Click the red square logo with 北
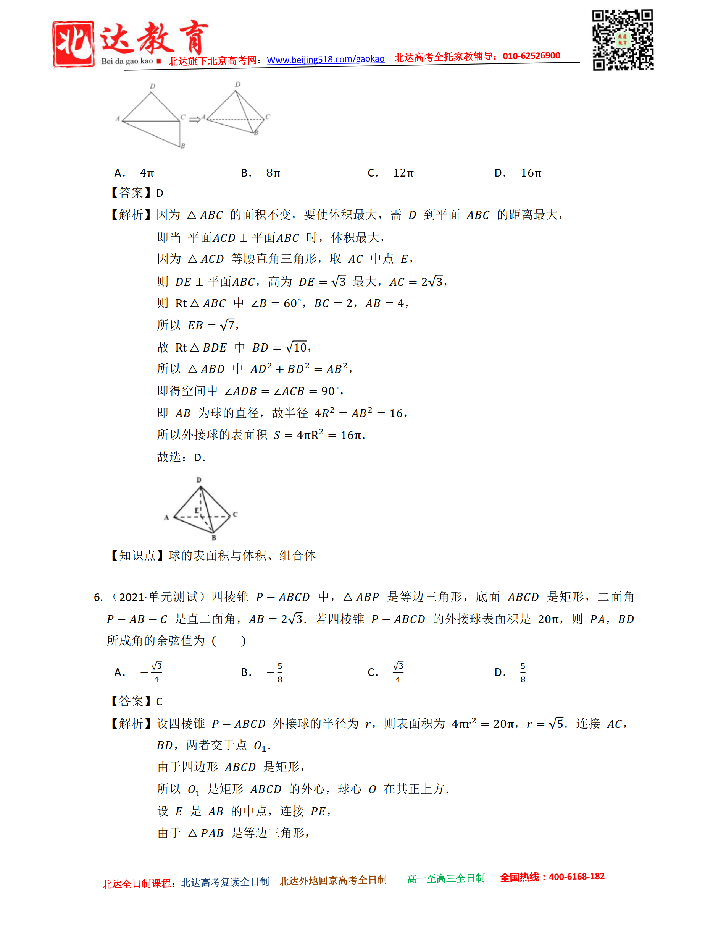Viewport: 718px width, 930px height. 73,44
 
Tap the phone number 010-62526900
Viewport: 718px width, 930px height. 531,56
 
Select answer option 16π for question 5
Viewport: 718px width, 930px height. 531,173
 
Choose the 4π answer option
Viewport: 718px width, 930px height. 147,173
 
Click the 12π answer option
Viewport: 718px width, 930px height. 403,173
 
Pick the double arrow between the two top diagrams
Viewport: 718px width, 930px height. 195,120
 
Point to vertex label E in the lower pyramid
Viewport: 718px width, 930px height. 197,510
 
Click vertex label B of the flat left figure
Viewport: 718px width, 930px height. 183,146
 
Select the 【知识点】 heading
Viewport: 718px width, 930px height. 137,555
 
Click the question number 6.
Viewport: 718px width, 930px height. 98,598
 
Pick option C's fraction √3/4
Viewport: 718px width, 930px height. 398,672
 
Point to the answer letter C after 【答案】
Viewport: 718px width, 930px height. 159,702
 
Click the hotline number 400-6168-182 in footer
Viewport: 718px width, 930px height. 576,877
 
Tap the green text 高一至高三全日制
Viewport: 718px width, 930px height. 446,878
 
